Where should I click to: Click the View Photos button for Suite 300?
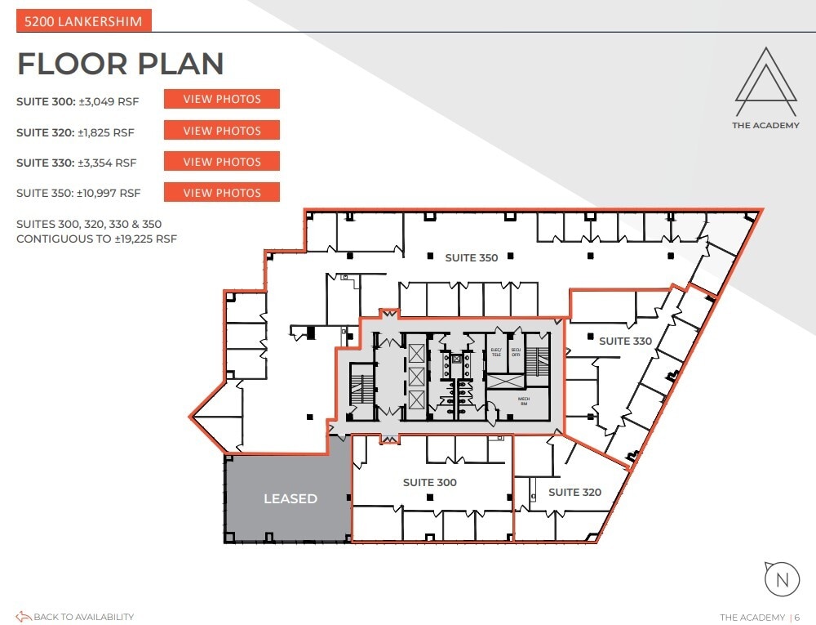coord(222,99)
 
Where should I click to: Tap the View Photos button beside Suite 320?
coord(222,130)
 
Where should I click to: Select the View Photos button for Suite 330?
coord(222,161)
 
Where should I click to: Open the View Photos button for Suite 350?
coord(222,193)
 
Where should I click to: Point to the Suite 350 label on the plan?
coord(471,258)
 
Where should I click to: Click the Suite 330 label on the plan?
coord(625,341)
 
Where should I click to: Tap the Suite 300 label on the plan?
coord(429,483)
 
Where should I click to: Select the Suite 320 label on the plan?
coord(574,492)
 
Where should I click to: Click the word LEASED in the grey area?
coord(290,498)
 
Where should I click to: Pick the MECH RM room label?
coord(524,401)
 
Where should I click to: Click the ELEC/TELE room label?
coord(495,354)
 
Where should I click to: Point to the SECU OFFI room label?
coord(516,354)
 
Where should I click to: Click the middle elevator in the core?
coord(415,377)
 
